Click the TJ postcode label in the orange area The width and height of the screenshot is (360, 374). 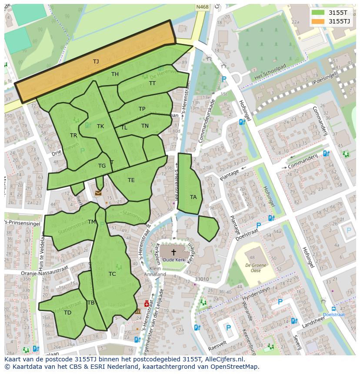[96, 62]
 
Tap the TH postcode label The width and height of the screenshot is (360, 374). [115, 74]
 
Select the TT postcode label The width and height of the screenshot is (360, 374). [152, 83]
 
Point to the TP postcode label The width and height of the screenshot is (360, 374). [142, 109]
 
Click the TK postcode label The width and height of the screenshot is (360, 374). [100, 126]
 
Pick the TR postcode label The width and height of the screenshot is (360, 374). [73, 136]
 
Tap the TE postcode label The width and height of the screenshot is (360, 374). [131, 180]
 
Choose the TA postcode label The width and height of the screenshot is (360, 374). [193, 197]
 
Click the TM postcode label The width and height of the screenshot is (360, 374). [91, 222]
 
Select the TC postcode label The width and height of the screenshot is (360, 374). [112, 274]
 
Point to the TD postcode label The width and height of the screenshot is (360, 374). [67, 313]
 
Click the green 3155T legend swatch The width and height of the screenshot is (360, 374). [318, 13]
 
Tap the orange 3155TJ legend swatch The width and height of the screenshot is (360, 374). [318, 21]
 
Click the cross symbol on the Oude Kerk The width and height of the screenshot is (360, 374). [173, 252]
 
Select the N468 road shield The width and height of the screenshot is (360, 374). [202, 7]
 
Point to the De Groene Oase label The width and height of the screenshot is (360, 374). [256, 267]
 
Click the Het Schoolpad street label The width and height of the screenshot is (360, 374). [270, 70]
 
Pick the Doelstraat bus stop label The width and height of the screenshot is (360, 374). [334, 314]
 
